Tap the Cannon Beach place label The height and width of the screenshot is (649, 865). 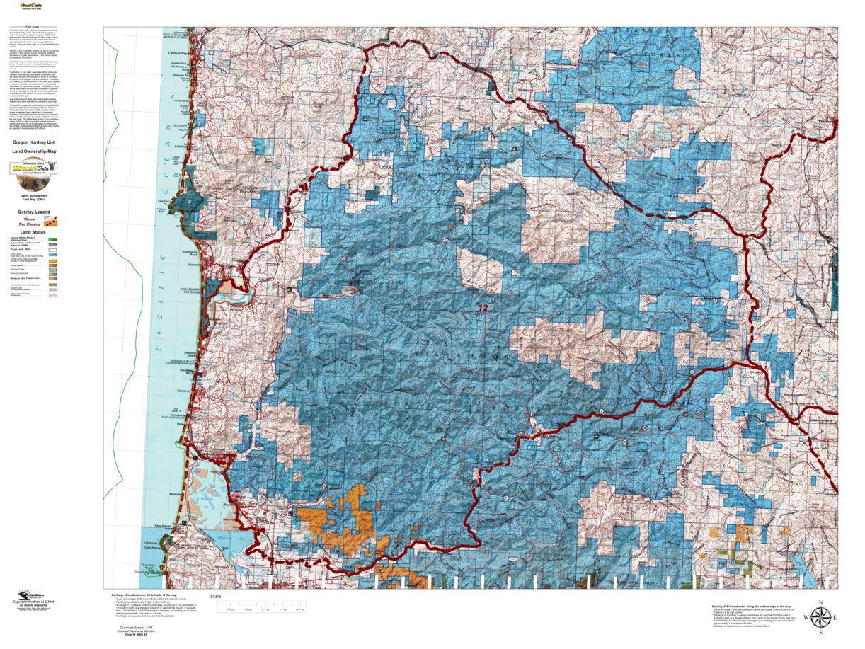point(178,53)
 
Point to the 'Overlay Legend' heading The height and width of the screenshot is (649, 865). point(35,212)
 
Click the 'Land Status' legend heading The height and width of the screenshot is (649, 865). point(34,231)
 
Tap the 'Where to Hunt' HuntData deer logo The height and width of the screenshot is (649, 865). point(34,168)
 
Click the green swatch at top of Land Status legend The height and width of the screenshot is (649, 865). point(52,240)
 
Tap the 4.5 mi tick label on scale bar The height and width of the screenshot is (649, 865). point(300,609)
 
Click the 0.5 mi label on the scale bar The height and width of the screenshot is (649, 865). point(230,609)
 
